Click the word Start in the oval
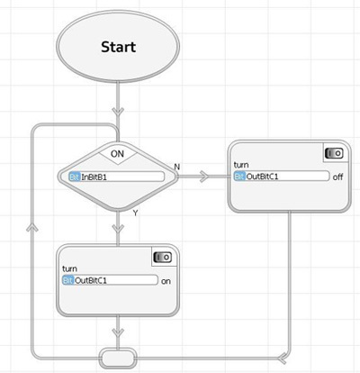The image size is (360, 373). [x=119, y=47]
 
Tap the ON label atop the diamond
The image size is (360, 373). [x=117, y=154]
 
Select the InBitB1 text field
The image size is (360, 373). [x=117, y=177]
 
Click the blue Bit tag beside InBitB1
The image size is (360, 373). [x=75, y=177]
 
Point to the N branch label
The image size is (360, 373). [x=177, y=167]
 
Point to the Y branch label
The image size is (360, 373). [x=136, y=214]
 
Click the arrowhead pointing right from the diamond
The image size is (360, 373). [x=203, y=177]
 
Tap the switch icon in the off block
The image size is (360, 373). [x=334, y=153]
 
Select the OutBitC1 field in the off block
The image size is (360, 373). [x=282, y=177]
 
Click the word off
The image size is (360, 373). [x=337, y=177]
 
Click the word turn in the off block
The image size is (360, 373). [x=241, y=165]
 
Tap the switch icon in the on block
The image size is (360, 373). [x=163, y=258]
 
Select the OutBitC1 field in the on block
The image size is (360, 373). [x=110, y=280]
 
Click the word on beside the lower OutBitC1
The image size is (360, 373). [x=166, y=281]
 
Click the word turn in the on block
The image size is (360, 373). [x=69, y=268]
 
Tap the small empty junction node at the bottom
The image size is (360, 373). [x=118, y=359]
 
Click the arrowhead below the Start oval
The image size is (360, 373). [x=118, y=111]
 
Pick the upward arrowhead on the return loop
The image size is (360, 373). [x=32, y=228]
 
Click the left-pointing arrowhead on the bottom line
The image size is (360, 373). [x=282, y=359]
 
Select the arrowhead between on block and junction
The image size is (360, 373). [x=118, y=332]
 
